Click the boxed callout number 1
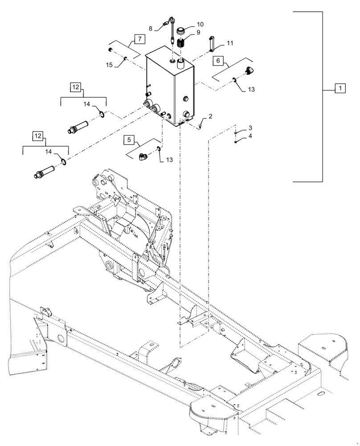340,88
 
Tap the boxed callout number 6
218,60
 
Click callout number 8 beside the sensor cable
151,28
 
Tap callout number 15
109,66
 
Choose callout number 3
250,128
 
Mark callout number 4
250,136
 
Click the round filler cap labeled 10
181,32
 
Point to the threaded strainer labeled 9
181,45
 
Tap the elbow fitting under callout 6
250,70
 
